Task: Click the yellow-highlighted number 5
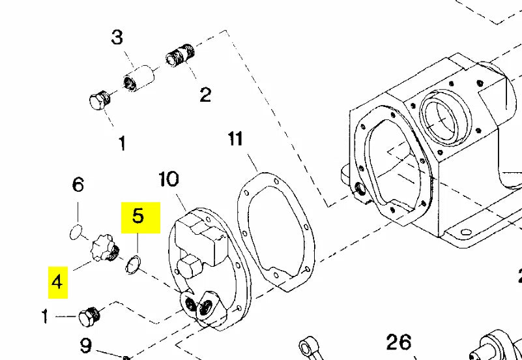coord(138,216)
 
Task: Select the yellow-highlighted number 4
coord(57,282)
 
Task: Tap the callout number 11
coord(235,139)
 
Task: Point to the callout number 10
coord(168,179)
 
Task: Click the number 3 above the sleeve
coord(117,37)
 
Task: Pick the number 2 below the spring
coord(205,95)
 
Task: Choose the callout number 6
coord(78,185)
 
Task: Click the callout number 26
coord(398,341)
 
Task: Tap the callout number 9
coord(86,344)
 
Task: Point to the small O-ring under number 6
coord(76,230)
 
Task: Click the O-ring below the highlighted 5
coord(133,263)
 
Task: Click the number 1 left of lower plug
coord(46,318)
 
